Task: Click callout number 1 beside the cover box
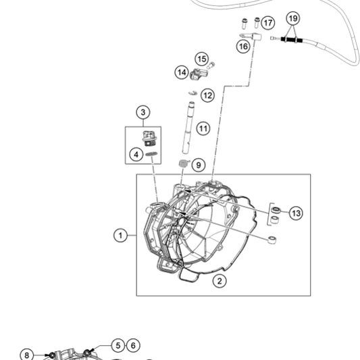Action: point(120,235)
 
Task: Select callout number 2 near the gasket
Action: point(220,281)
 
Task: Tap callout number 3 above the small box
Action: point(143,112)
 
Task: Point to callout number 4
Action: point(136,155)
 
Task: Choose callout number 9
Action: point(199,165)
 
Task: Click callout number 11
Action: point(203,128)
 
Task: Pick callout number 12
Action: point(208,95)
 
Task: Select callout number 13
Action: point(296,213)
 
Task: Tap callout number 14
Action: point(182,72)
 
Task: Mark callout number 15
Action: point(202,59)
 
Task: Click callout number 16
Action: point(243,47)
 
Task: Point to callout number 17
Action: point(268,23)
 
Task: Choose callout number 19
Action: point(293,18)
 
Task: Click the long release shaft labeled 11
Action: point(188,128)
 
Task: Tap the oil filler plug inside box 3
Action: point(147,138)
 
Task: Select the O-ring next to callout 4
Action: point(151,153)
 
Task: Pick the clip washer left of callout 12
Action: point(193,93)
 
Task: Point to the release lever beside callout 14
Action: point(199,74)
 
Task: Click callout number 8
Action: point(26,355)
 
